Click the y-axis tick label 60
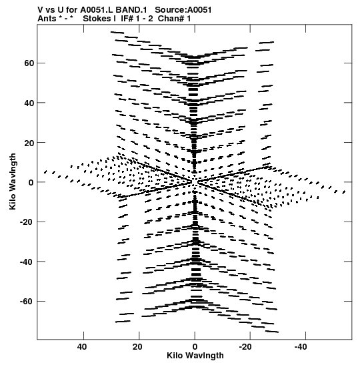(x=29, y=63)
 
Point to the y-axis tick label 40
(x=29, y=103)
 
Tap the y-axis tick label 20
(x=29, y=143)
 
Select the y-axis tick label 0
(x=31, y=183)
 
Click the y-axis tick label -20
(x=27, y=222)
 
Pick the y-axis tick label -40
(x=27, y=262)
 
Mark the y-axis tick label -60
(x=27, y=302)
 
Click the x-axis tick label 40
(x=82, y=347)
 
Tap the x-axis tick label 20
(x=137, y=347)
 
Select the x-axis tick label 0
(x=195, y=347)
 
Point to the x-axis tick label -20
(x=245, y=347)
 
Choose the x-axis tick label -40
(x=301, y=347)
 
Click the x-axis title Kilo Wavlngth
(x=195, y=356)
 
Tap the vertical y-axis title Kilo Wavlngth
(x=13, y=181)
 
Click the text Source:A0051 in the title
(x=183, y=10)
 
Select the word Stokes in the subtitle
(x=97, y=19)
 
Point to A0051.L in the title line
(x=97, y=10)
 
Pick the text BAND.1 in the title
(x=131, y=10)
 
